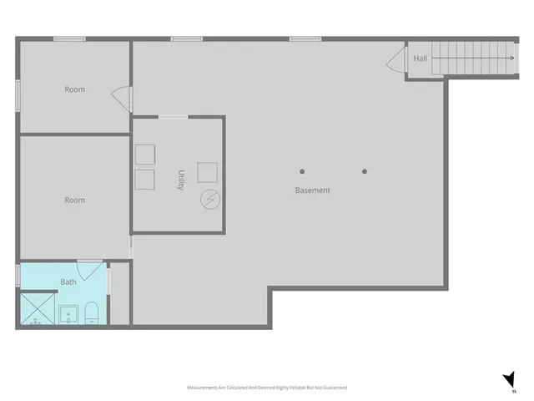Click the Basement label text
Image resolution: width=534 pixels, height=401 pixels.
coord(312,190)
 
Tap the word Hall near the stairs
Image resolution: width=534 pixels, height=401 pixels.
coord(421,58)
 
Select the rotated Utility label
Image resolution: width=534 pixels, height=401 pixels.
coord(180,180)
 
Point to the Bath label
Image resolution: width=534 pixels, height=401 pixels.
coord(68,282)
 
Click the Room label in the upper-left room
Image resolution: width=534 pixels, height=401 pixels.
coord(75,89)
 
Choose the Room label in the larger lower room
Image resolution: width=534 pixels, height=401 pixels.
coord(75,200)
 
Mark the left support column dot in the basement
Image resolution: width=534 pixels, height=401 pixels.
coord(302,172)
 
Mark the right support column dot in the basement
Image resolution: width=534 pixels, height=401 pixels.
coord(365,172)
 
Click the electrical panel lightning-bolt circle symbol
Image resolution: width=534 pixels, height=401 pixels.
coord(209,200)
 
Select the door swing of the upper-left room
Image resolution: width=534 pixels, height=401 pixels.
coord(123,99)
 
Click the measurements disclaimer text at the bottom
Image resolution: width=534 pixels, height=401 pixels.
coord(266,388)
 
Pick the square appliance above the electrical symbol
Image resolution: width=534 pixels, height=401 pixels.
coord(208,171)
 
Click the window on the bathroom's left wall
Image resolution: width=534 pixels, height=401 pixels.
coord(18,275)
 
